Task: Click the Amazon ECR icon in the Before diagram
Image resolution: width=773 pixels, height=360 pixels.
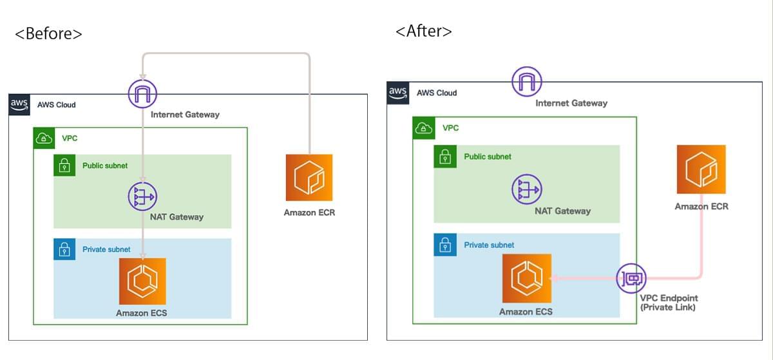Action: coord(309,177)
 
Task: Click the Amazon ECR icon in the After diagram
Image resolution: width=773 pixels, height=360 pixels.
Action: coord(701,169)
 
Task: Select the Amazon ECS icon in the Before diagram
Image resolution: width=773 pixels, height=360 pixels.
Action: coord(142,281)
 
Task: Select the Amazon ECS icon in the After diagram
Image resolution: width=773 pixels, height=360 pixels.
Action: coord(526,278)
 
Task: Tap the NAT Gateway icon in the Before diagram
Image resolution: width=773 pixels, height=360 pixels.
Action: coord(143,196)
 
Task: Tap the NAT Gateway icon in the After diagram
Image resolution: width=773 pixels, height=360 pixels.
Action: coord(526,189)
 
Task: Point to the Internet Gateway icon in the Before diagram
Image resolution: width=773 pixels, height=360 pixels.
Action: coord(143,94)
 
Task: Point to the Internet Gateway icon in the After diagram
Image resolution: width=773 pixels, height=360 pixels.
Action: coord(527,82)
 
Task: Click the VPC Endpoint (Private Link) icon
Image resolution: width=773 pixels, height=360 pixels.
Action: coord(631,278)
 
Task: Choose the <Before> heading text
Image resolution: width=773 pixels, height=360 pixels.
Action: coord(48,33)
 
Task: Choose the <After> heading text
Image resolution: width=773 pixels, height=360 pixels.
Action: coord(423,31)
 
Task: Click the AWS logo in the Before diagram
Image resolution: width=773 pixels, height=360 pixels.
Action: coord(19,104)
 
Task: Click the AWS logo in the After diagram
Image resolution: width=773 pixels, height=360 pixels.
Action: coord(398,93)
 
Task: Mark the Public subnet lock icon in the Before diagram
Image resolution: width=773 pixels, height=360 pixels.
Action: coord(64,166)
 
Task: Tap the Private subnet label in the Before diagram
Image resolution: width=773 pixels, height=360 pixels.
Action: coord(106,249)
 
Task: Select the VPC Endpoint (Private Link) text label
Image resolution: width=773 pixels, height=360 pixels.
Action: coord(669,303)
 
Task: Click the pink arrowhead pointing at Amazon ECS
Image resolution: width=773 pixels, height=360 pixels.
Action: coord(553,278)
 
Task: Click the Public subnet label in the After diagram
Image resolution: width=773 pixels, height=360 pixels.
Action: coord(488,156)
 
